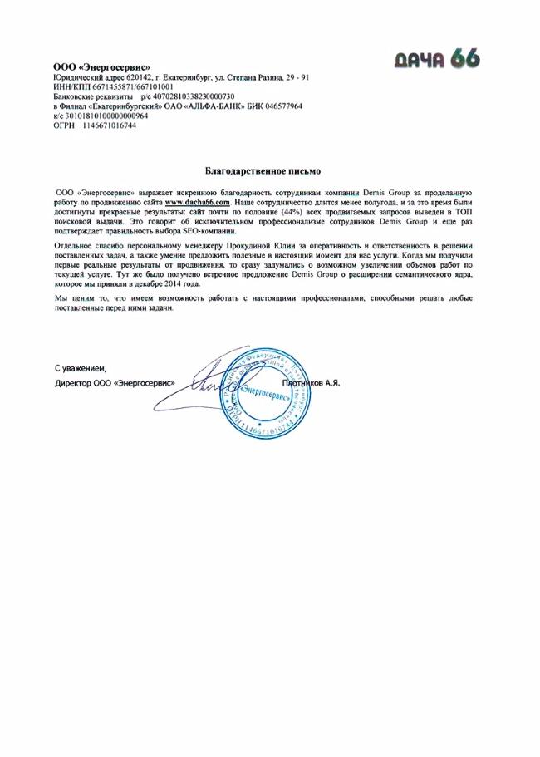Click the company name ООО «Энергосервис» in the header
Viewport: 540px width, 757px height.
click(x=101, y=67)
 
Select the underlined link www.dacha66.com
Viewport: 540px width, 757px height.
click(x=197, y=202)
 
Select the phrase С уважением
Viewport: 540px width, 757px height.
click(x=81, y=367)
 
